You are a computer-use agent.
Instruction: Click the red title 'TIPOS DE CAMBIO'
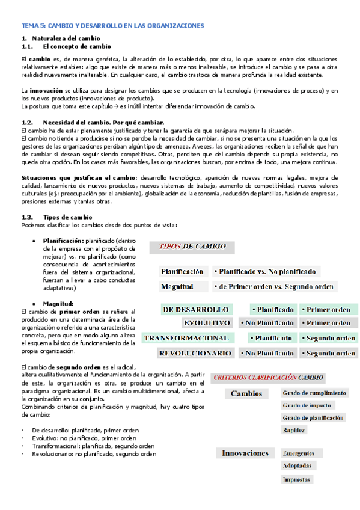[x=192, y=246]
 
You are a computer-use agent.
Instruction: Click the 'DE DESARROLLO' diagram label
[x=196, y=309]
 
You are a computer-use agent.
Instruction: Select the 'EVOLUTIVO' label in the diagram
[x=206, y=323]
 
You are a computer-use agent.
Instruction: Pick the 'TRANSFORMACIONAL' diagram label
[x=186, y=338]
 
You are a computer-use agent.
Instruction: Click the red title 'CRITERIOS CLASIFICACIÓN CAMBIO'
[x=268, y=378]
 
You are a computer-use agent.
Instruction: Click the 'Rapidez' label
[x=294, y=430]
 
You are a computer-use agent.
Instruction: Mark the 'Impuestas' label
[x=297, y=479]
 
